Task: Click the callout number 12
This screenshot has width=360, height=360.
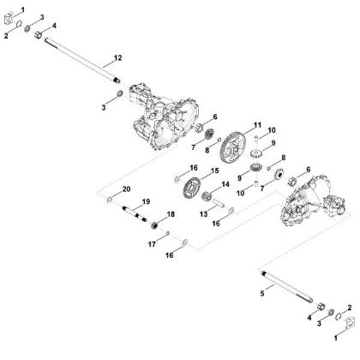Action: [118, 57]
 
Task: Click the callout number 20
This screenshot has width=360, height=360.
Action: [127, 188]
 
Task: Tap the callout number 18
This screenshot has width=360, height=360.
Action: [171, 213]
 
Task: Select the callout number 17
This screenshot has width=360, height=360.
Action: [152, 244]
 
